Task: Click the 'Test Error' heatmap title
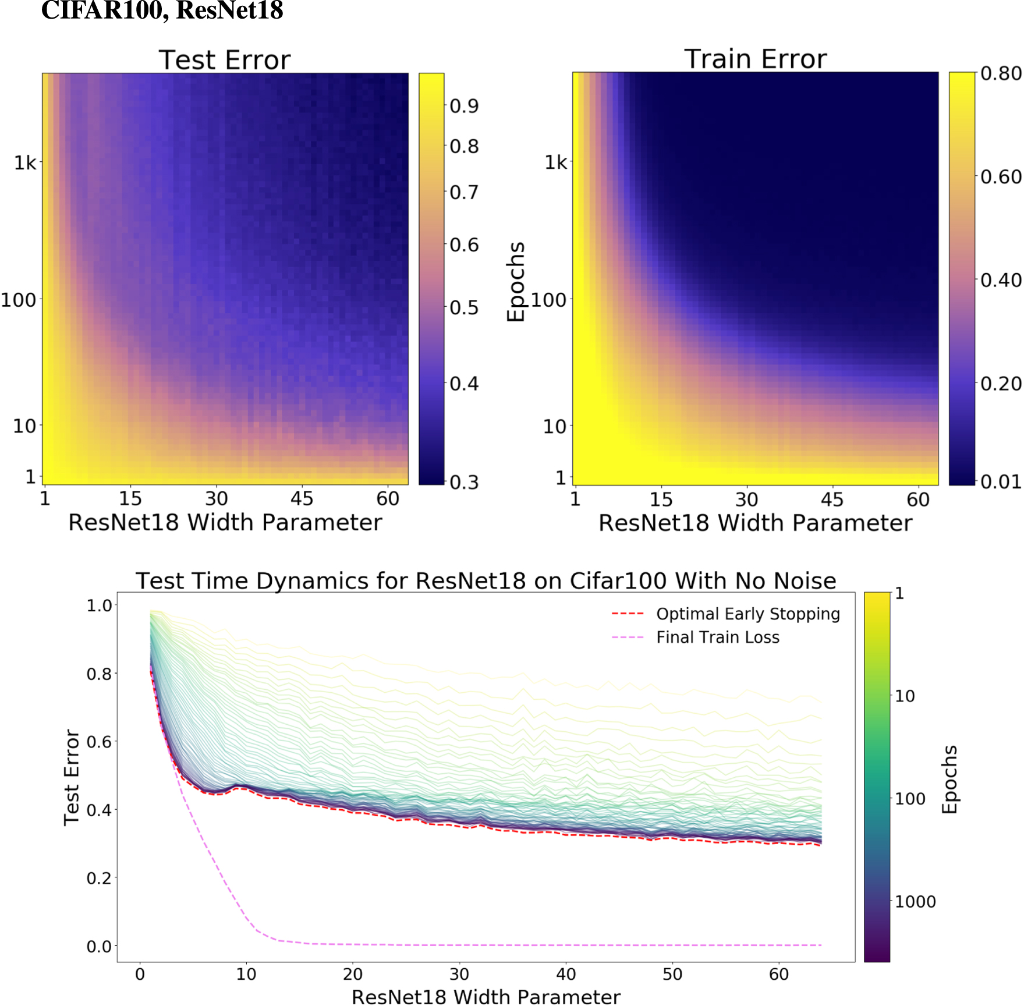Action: (x=224, y=60)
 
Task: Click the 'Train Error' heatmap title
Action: (x=755, y=59)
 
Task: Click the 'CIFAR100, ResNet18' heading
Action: (x=162, y=10)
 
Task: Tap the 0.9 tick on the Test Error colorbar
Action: (x=464, y=106)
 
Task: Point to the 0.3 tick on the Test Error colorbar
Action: (x=464, y=482)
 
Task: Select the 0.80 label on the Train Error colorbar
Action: (x=1001, y=74)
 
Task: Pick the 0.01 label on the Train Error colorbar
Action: (x=1001, y=482)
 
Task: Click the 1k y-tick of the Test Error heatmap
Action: (x=26, y=162)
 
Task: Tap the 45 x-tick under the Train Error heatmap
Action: (x=832, y=500)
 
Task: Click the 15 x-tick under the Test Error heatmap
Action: (x=130, y=499)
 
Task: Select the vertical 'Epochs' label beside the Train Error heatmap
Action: (x=516, y=281)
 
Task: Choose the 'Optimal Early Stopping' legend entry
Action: (x=748, y=614)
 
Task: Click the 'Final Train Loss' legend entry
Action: (x=717, y=637)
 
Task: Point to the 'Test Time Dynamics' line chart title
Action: (x=486, y=580)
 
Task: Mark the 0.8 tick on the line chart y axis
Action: (x=99, y=674)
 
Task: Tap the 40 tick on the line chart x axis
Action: (x=566, y=974)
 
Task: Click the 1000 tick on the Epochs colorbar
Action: (x=915, y=902)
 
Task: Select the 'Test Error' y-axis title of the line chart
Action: (x=72, y=777)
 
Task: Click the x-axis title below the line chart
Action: (x=486, y=997)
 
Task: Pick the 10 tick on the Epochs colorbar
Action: (x=905, y=696)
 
